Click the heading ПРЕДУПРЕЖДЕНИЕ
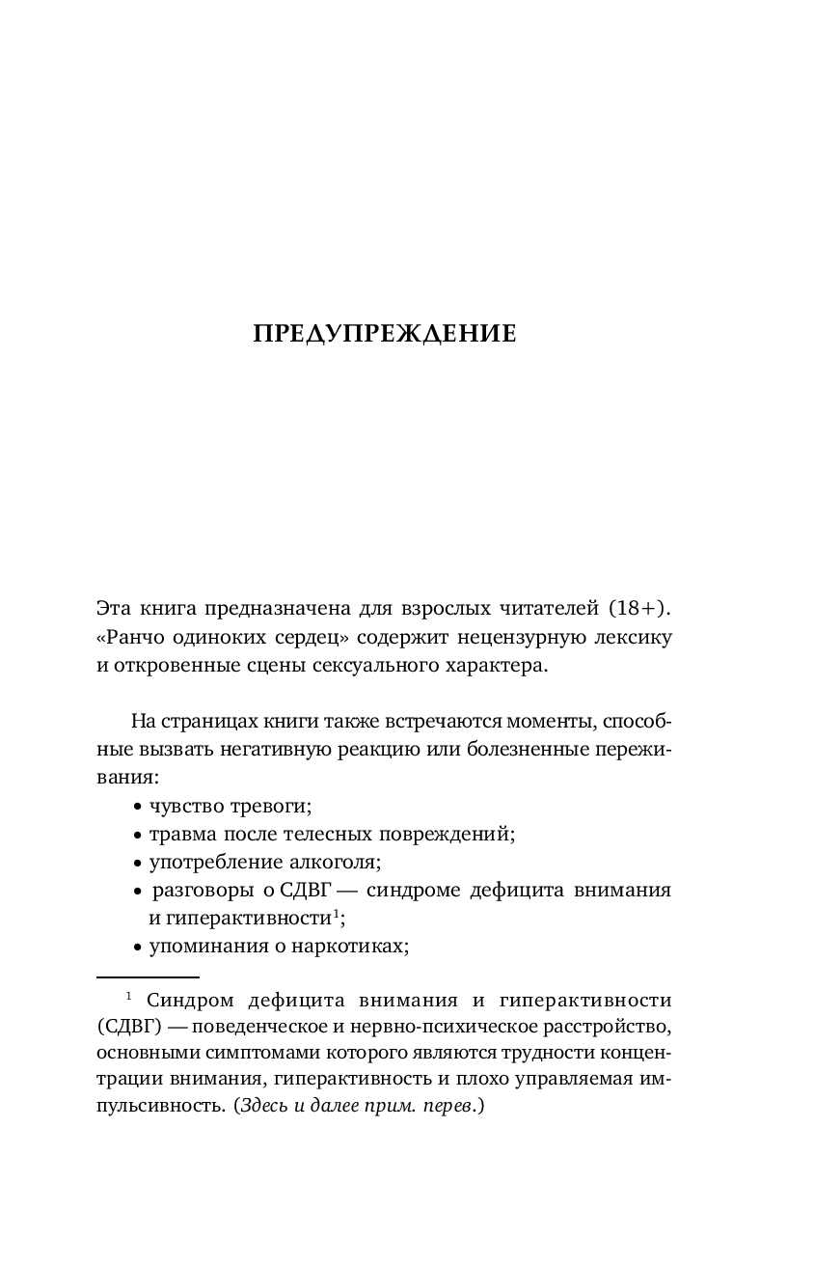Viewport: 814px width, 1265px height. click(385, 334)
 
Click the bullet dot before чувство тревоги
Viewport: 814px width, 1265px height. click(138, 807)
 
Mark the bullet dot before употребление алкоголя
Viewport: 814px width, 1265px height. click(138, 863)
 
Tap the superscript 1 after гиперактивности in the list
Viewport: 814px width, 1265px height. click(336, 913)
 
